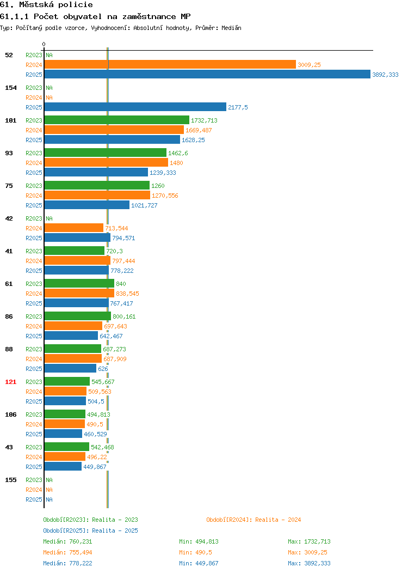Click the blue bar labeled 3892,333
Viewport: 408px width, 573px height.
tap(207, 74)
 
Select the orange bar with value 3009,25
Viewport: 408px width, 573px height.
tap(170, 65)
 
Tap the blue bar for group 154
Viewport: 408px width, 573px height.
tap(135, 107)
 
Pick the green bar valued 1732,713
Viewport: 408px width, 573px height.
tap(117, 120)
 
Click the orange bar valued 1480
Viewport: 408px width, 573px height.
tap(106, 163)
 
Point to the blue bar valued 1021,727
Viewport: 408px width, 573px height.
tap(87, 205)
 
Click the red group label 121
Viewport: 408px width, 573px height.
tap(10, 382)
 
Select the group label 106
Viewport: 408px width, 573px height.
tap(10, 414)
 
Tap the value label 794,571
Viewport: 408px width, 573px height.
tap(123, 238)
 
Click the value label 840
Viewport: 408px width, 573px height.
tap(121, 284)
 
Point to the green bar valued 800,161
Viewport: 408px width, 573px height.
tap(78, 316)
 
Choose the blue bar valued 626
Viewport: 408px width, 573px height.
tap(70, 368)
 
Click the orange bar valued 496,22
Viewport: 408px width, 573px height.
tap(65, 456)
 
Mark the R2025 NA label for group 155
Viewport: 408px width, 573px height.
tap(50, 499)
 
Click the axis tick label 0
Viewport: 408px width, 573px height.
tap(44, 45)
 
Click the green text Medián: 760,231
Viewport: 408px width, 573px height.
tap(67, 541)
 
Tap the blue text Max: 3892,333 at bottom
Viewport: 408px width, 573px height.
tap(309, 563)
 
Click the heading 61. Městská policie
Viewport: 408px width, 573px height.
tap(46, 5)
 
